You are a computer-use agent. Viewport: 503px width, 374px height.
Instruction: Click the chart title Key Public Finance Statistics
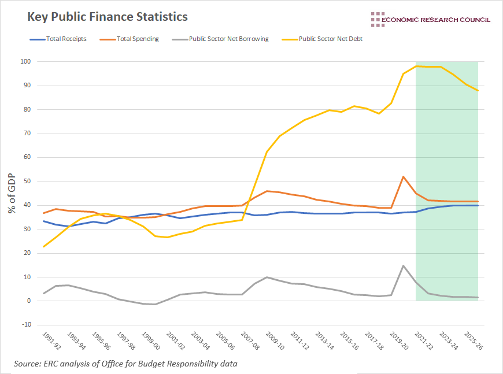[x=108, y=17]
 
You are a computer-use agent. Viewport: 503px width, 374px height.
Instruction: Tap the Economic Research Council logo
[x=430, y=19]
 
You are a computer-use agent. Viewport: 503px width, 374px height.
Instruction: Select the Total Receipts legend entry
[x=57, y=39]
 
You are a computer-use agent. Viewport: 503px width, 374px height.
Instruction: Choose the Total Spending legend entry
[x=131, y=39]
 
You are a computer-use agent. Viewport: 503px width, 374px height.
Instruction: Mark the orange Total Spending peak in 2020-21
[x=403, y=177]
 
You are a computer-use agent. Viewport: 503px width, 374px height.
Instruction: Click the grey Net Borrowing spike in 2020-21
[x=403, y=266]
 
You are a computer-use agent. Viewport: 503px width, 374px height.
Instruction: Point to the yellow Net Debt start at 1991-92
[x=44, y=247]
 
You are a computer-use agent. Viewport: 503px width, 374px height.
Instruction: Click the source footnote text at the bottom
[x=125, y=364]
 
